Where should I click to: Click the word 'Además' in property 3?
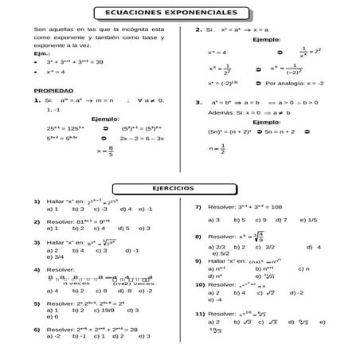click(221, 112)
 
